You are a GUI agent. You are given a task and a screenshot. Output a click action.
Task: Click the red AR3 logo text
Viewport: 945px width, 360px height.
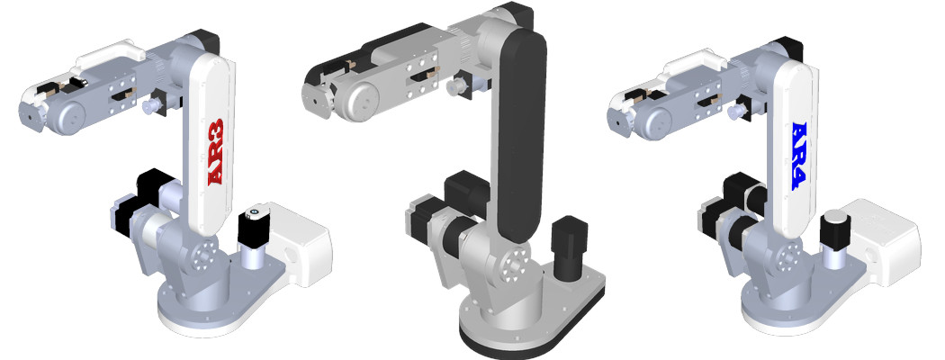(216, 151)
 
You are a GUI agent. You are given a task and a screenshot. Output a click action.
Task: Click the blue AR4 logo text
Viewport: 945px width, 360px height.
(800, 157)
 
